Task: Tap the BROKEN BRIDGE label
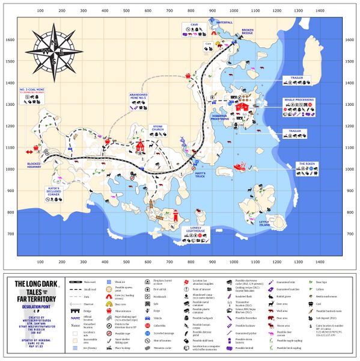click(248, 31)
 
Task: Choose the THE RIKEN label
click(307, 162)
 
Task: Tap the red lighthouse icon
click(175, 214)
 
